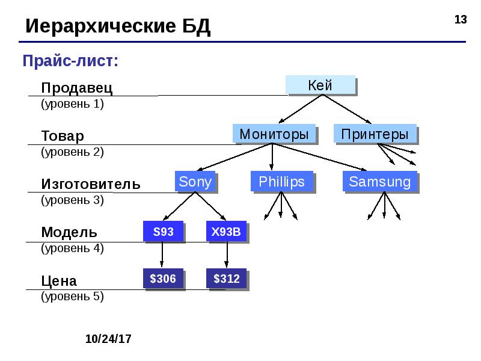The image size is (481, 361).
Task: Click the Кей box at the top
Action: [320, 85]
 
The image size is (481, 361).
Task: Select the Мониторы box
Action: [274, 134]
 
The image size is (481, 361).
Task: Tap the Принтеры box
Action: [375, 134]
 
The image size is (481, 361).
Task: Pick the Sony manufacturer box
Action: [195, 181]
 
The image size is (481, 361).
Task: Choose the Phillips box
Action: [281, 181]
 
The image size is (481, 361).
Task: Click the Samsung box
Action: [379, 181]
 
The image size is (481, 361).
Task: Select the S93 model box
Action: [163, 231]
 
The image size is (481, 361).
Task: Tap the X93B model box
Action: [226, 231]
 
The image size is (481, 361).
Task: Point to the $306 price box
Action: [163, 279]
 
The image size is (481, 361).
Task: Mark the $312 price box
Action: [226, 279]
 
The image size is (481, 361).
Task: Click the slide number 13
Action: [461, 20]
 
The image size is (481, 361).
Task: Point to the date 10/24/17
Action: [108, 339]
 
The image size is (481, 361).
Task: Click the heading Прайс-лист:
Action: [70, 61]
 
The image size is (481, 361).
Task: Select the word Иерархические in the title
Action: [101, 26]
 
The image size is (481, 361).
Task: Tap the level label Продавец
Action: [77, 87]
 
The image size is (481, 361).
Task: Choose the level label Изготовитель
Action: [91, 184]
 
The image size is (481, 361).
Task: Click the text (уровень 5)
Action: [72, 296]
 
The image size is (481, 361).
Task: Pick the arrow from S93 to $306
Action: [162, 254]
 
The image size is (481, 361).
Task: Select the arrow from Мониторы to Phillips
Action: [272, 156]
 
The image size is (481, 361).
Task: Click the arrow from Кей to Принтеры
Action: [347, 109]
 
